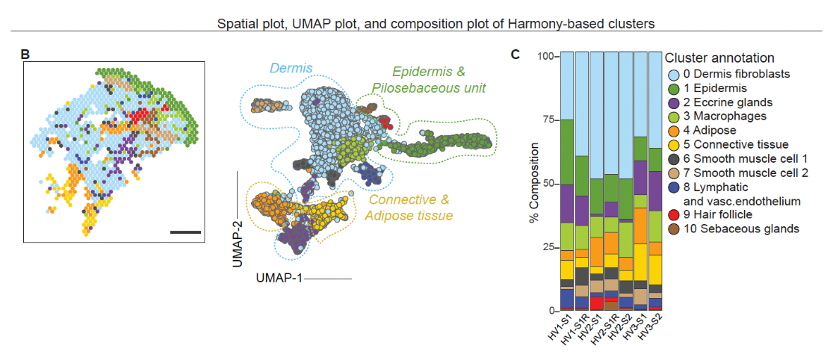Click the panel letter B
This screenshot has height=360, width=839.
(25, 55)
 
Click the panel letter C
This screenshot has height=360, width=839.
(516, 55)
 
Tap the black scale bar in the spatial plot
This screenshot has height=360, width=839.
(186, 232)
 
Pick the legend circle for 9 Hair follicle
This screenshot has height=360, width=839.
(673, 214)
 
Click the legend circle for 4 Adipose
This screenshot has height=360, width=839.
(673, 130)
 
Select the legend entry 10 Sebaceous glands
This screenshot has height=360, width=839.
(740, 229)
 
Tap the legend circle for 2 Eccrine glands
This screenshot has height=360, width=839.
(673, 102)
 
